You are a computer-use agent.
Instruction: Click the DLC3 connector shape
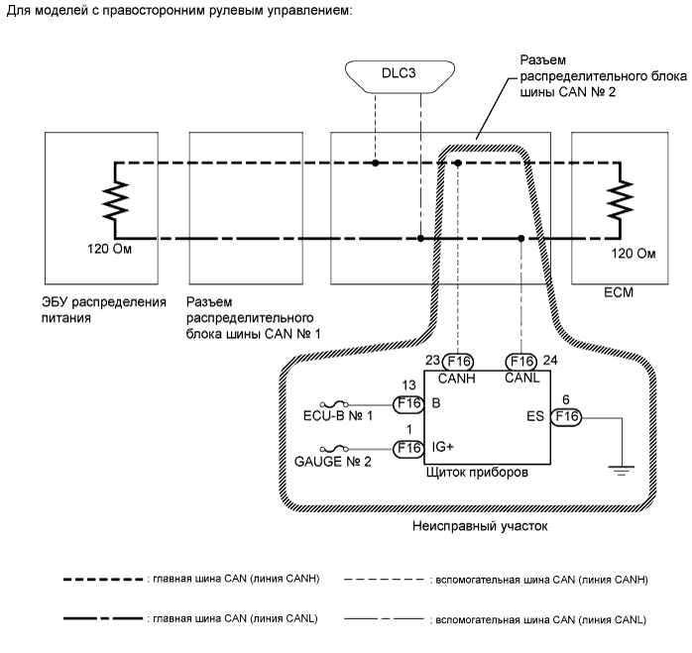point(401,74)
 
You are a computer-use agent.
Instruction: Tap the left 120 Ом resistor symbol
point(115,200)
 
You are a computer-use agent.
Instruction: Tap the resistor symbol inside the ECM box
point(621,200)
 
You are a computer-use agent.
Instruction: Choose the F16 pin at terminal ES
point(567,416)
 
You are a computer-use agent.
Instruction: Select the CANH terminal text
point(457,379)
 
